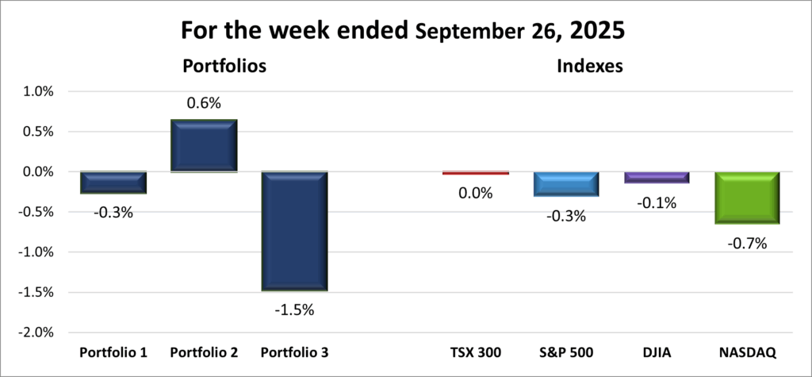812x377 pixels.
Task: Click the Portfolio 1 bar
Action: [x=113, y=183]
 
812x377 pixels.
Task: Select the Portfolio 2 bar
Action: [x=205, y=145]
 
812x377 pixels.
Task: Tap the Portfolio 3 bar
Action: [x=295, y=231]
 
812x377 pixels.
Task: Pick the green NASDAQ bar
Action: [x=747, y=198]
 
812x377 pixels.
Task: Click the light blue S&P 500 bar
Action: [x=565, y=184]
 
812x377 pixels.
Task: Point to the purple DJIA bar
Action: [x=657, y=178]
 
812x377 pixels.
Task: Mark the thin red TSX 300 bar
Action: [x=475, y=173]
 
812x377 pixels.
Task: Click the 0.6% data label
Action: [x=203, y=103]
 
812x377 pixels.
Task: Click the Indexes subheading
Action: [x=589, y=67]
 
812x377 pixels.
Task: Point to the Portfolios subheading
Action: [x=224, y=67]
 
